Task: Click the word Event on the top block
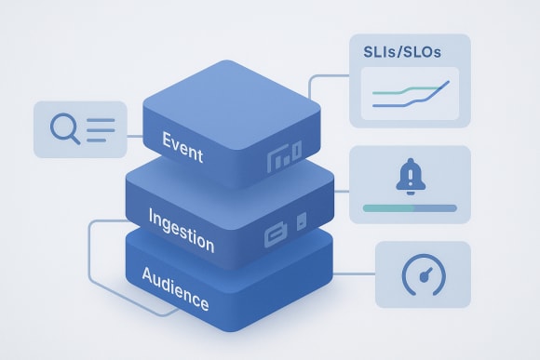[x=183, y=146]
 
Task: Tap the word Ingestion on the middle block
[x=182, y=230]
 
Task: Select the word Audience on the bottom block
[x=176, y=287]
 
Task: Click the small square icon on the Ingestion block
[x=301, y=223]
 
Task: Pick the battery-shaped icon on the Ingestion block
[x=277, y=232]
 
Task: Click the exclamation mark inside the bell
[x=410, y=173]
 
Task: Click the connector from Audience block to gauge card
[x=354, y=274]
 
